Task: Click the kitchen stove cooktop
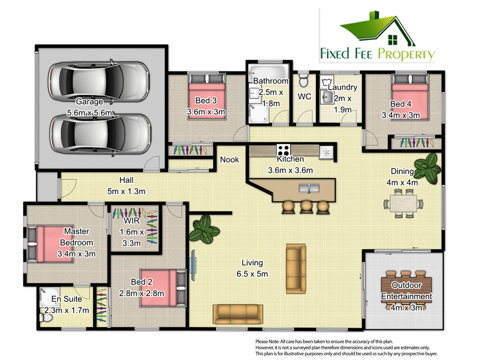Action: click(283, 151)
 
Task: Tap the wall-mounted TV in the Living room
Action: click(192, 264)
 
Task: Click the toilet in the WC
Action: click(303, 80)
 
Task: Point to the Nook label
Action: click(230, 159)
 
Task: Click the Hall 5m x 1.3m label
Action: click(126, 185)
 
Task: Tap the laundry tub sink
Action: click(327, 97)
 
